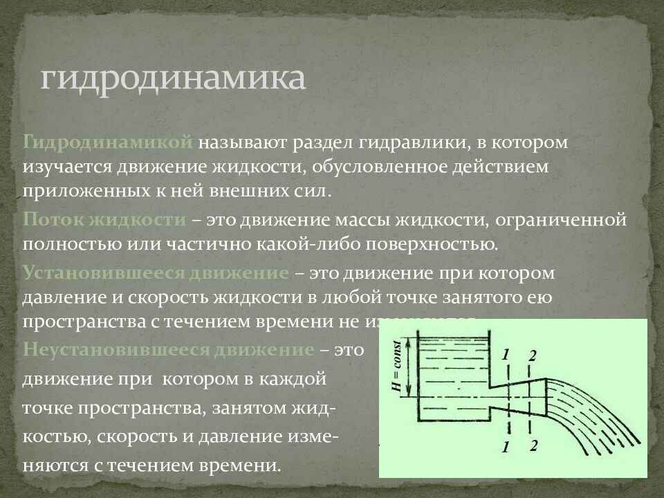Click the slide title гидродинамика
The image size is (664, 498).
click(x=172, y=78)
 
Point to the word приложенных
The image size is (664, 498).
click(x=76, y=191)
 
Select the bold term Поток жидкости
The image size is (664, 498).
click(x=104, y=220)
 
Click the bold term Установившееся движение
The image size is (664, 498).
click(x=156, y=273)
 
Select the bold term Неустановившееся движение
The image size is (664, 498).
click(x=168, y=349)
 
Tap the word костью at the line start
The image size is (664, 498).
click(x=52, y=438)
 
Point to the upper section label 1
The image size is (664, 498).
click(x=506, y=354)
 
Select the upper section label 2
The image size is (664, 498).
click(x=532, y=356)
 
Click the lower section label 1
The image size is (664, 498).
click(x=506, y=448)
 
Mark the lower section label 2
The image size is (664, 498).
click(x=533, y=446)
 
